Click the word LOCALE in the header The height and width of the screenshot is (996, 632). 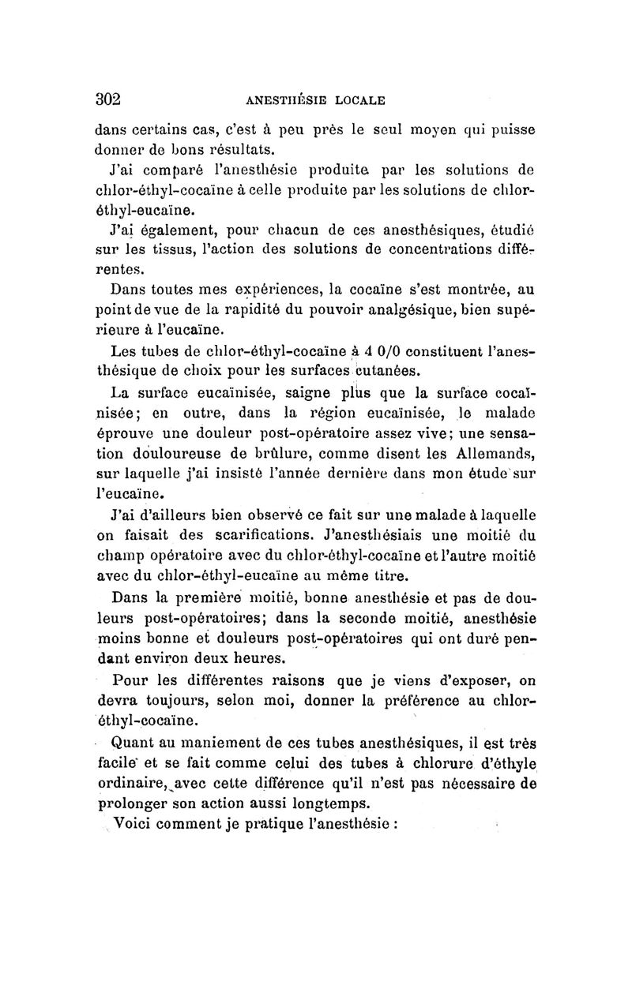(360, 100)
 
